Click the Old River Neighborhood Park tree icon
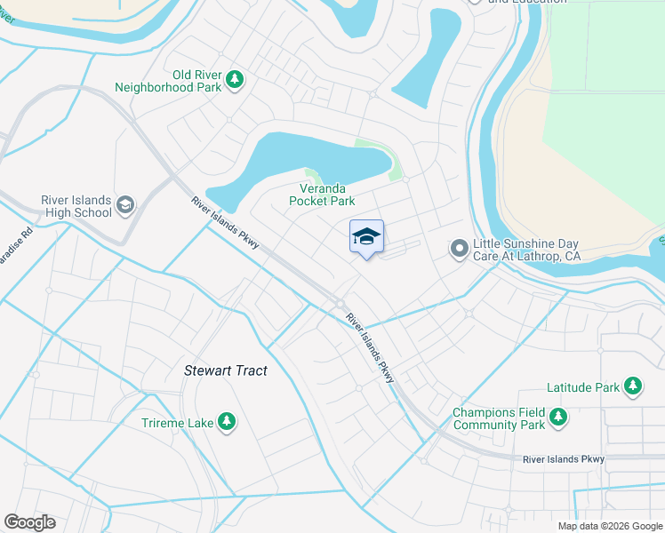click(235, 80)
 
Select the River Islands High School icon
click(125, 205)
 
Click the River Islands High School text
click(76, 206)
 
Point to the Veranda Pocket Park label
click(322, 195)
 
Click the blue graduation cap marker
click(366, 237)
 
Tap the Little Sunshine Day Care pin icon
click(459, 248)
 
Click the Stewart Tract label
click(225, 370)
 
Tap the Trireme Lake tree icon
click(227, 421)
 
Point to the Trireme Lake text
click(177, 423)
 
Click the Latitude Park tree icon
click(633, 386)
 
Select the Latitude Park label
click(582, 387)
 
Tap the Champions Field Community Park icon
click(557, 418)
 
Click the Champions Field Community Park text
click(498, 418)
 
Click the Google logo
click(29, 522)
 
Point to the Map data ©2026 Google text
click(609, 526)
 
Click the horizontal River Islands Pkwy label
click(564, 459)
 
